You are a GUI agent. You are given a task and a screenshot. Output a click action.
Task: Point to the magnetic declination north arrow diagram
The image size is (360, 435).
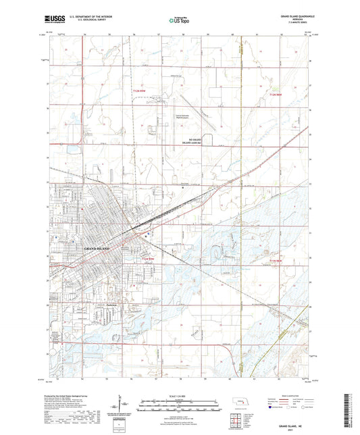point(122,405)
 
